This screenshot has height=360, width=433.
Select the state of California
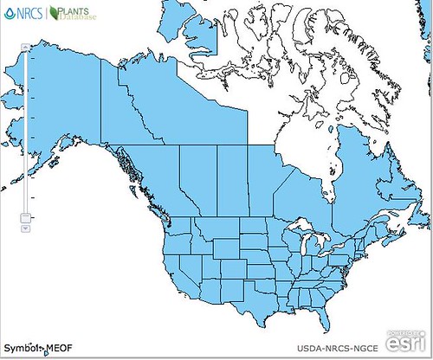[x=171, y=273]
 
